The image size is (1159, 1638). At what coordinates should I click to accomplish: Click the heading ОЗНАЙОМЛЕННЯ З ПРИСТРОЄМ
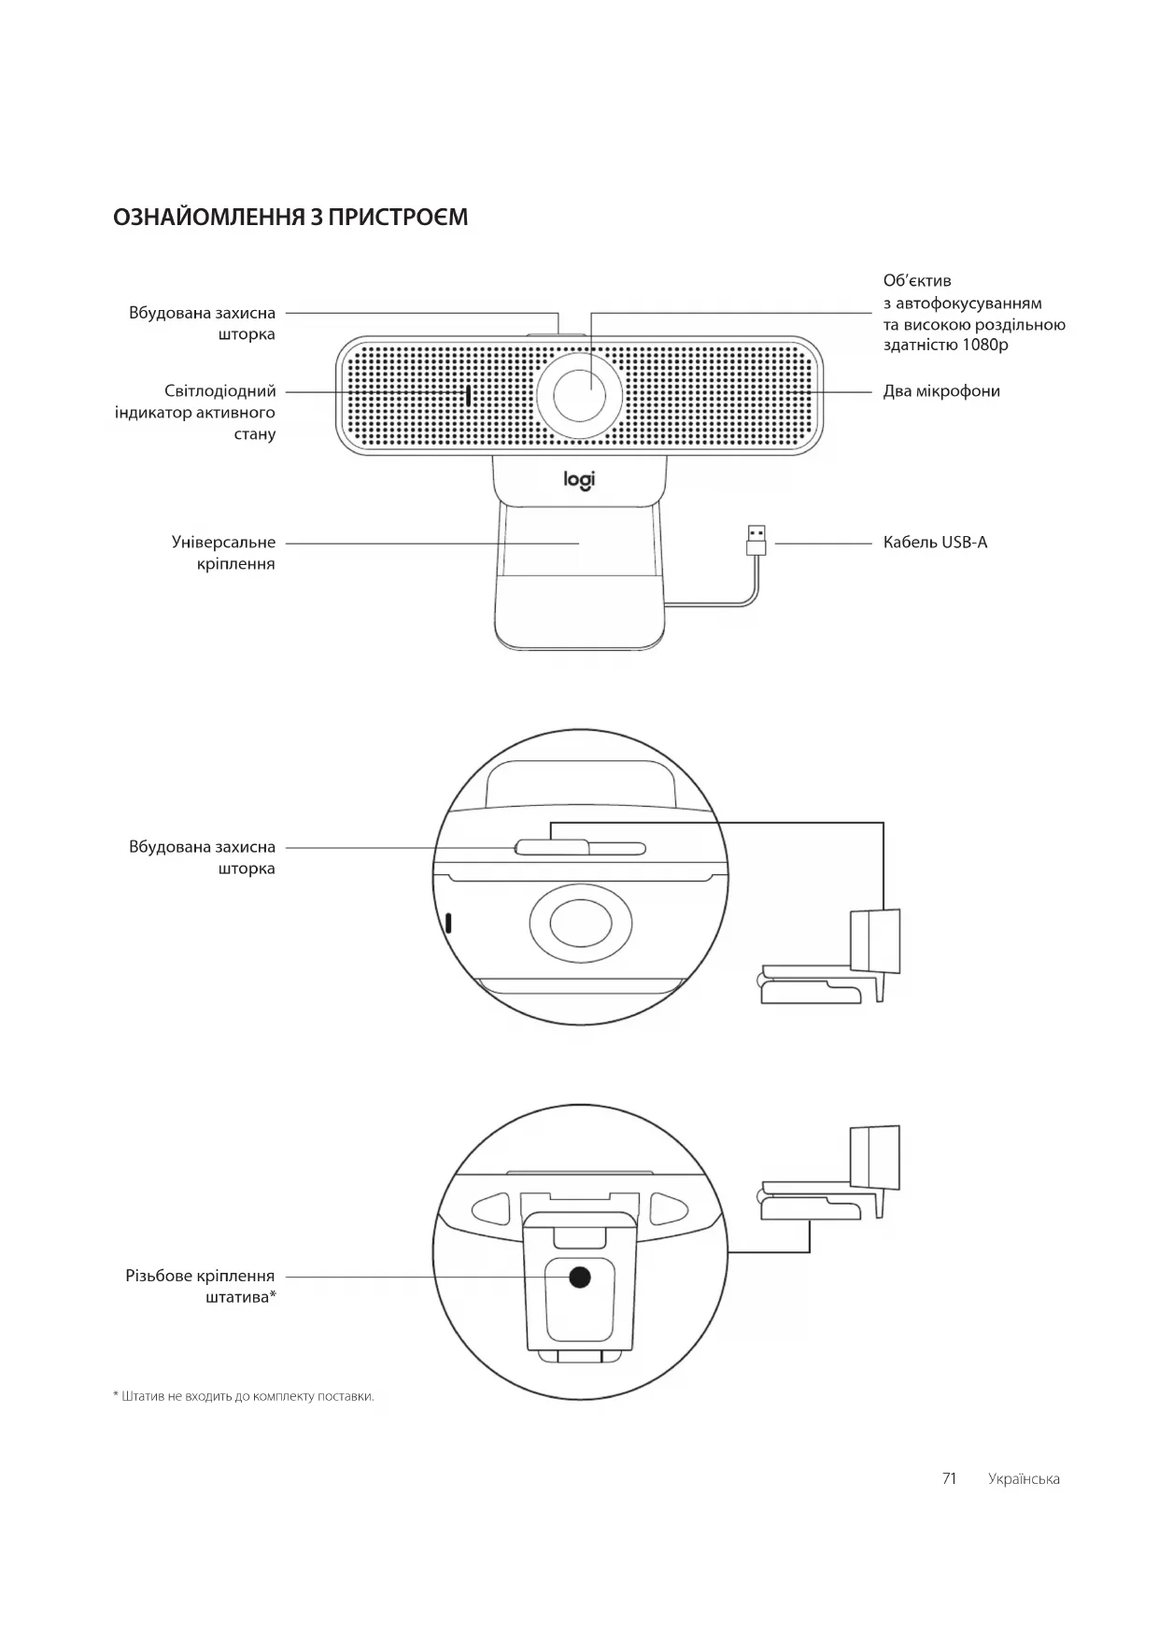(x=290, y=218)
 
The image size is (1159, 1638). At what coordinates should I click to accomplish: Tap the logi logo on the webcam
(x=579, y=480)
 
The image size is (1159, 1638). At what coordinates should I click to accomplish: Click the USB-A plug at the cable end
(x=756, y=541)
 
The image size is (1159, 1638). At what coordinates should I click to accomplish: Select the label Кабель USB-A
(x=935, y=543)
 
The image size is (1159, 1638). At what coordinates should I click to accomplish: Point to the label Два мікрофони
(x=941, y=391)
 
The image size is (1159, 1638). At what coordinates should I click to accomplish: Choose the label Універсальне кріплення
(x=223, y=553)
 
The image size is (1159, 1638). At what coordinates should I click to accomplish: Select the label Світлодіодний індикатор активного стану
(x=196, y=412)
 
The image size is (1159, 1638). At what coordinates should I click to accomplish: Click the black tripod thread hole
(x=580, y=1278)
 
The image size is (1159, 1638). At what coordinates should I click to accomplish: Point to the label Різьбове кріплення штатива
(x=201, y=1286)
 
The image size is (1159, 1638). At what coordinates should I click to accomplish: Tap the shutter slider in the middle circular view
(x=552, y=847)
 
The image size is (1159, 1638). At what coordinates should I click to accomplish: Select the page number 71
(x=949, y=1478)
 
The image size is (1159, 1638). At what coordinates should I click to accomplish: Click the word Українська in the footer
(x=1024, y=1479)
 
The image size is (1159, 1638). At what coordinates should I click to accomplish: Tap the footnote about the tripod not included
(x=244, y=1396)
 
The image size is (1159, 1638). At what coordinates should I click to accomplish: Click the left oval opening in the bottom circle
(x=490, y=1208)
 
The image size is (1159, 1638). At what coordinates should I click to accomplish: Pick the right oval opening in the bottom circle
(x=668, y=1208)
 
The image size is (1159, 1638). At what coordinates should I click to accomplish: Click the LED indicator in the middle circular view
(x=449, y=923)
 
